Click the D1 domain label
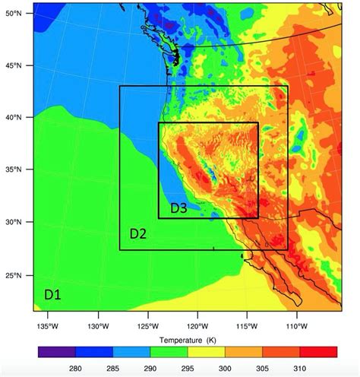tap(52, 292)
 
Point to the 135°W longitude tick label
tap(47, 327)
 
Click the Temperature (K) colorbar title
tap(187, 337)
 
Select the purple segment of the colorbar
tap(56, 352)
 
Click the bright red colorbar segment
tap(318, 352)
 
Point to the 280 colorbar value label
tap(75, 368)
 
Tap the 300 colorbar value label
tap(225, 368)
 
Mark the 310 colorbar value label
tap(299, 368)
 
